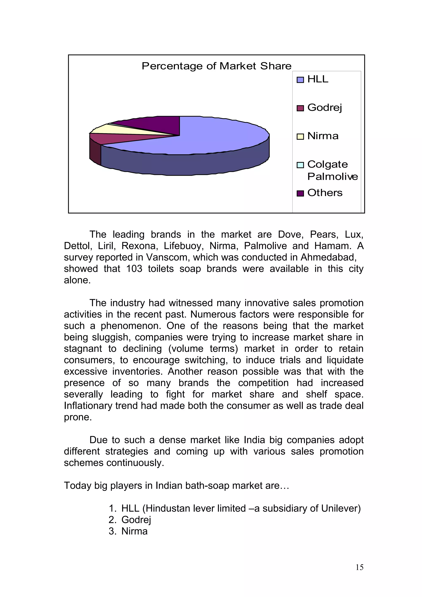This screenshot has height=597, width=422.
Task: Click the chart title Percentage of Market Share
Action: click(216, 66)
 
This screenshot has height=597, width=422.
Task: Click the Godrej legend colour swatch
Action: click(300, 108)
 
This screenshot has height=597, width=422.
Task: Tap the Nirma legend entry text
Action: click(323, 136)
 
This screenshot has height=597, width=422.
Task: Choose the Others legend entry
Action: click(325, 193)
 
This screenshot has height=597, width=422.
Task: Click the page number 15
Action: click(359, 567)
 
